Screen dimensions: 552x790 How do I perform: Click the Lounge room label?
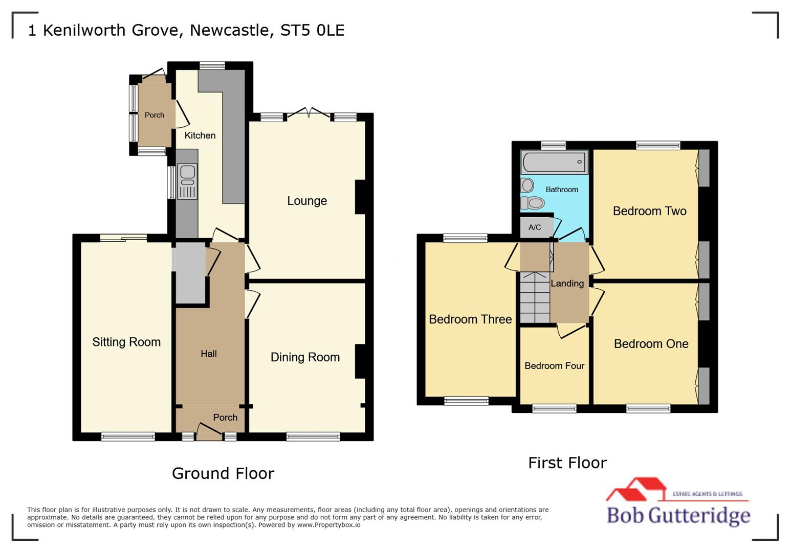point(306,201)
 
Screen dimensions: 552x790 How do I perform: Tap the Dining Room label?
point(305,357)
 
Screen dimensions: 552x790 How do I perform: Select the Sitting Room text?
point(126,342)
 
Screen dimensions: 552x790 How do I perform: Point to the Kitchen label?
point(200,135)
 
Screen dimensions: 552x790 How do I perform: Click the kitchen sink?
point(187,181)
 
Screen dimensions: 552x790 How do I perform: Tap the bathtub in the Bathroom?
point(555,163)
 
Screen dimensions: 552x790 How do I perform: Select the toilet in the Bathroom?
point(533,203)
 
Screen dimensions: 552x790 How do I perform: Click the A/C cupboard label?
point(534,227)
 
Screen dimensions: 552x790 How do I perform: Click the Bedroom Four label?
point(554,366)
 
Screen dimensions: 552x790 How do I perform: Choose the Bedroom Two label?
point(649,211)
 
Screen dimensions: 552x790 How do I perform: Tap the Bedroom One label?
point(651,344)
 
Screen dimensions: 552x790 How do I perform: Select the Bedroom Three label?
point(470,319)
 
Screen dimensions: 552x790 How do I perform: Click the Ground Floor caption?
point(223,473)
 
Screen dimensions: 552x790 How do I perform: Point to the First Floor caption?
point(567,463)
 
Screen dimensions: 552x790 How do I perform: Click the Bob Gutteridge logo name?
point(678,515)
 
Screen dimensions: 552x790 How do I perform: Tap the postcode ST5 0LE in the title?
point(312,30)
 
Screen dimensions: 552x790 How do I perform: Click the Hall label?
point(208,354)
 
